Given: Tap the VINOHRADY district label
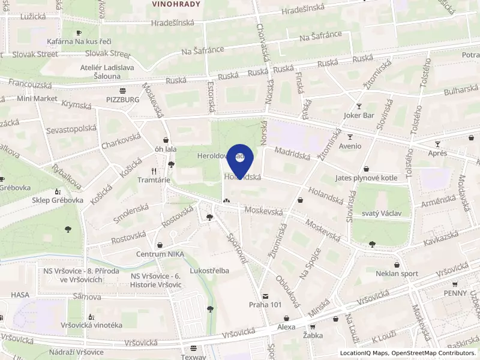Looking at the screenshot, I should coord(176,4).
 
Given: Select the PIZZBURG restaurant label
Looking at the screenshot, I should coord(122,100).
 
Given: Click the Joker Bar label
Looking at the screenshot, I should coord(359,115).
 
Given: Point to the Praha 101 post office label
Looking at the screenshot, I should coord(265,304).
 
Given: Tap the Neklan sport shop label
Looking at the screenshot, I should coord(397,274).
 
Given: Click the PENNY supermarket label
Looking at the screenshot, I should coord(455,293).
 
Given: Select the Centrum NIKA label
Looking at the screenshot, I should coord(160,254).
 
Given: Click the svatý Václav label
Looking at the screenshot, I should coord(377,213).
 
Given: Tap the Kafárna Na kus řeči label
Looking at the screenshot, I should coord(78,41).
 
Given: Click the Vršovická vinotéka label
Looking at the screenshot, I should coord(91,325).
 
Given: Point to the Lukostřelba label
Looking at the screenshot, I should coord(209,271).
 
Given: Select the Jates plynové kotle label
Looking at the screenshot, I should coord(367,178).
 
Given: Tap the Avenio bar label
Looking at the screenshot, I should coord(350,146).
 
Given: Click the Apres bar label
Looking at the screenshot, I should coord(437,153).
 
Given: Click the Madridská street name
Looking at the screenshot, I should coord(292,154).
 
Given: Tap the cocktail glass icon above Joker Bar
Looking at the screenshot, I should coord(359,106).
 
